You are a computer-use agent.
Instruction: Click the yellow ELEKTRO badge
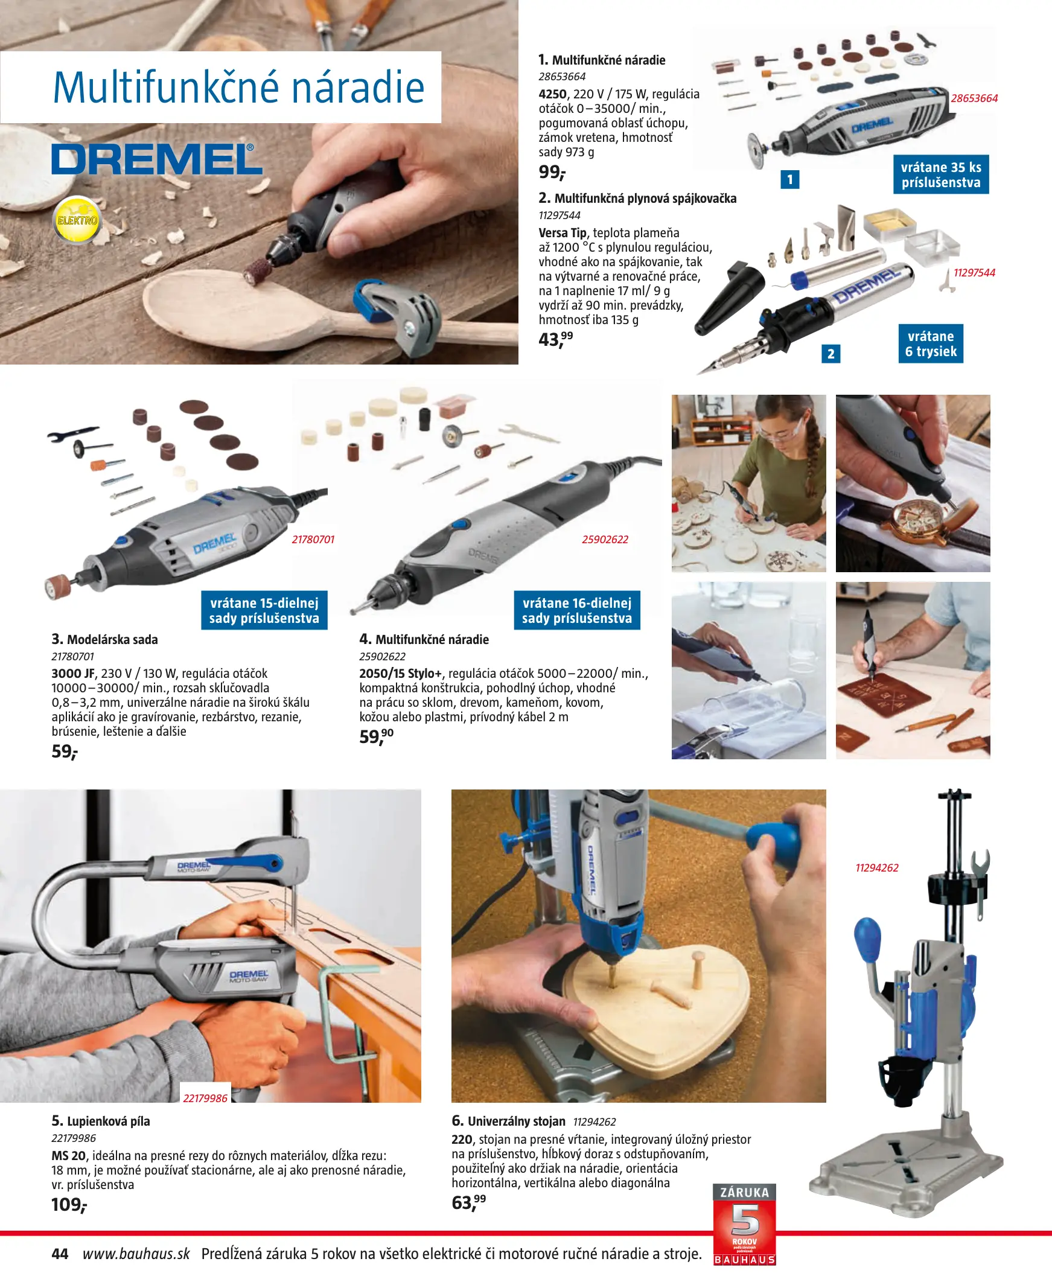[x=77, y=220]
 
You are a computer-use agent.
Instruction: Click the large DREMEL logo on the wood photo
[x=157, y=159]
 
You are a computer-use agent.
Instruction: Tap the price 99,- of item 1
[x=552, y=172]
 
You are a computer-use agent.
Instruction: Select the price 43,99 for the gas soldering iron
[x=555, y=339]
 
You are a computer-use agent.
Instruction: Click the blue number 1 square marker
[x=789, y=179]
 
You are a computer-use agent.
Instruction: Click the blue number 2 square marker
[x=831, y=353]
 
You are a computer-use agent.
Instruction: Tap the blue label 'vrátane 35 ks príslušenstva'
[x=940, y=174]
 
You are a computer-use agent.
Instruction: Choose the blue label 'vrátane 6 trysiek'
[x=931, y=343]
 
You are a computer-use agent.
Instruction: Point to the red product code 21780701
[x=313, y=539]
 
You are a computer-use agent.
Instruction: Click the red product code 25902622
[x=605, y=539]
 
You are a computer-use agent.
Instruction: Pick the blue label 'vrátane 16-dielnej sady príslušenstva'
[x=577, y=610]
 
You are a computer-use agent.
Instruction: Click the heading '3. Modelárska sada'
[x=104, y=639]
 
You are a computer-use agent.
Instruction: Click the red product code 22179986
[x=205, y=1099]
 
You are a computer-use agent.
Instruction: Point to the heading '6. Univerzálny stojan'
[x=508, y=1121]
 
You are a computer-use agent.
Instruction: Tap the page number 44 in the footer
[x=60, y=1254]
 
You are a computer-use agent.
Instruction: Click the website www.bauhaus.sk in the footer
[x=136, y=1254]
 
